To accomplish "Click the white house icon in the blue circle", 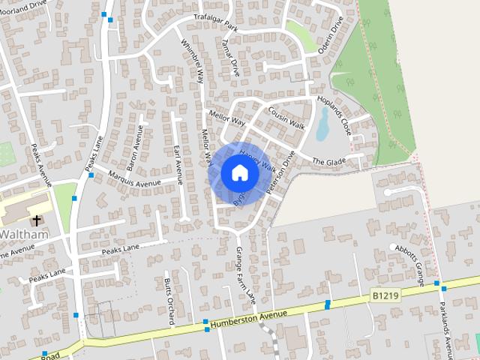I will (240, 173).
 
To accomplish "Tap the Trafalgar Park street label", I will (215, 20).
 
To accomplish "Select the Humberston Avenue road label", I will (250, 319).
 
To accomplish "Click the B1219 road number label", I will (383, 297).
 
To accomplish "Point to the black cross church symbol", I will (37, 220).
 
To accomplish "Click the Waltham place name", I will (24, 234).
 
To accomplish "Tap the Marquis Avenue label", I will (134, 178).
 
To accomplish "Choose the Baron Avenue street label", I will (134, 145).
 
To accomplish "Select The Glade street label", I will (328, 161).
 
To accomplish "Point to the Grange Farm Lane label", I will (246, 274).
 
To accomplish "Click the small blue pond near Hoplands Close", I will (323, 124).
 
